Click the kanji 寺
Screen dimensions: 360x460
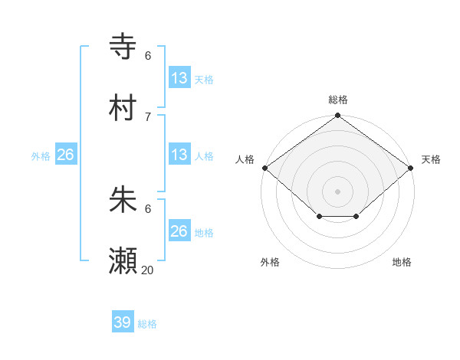coord(123,46)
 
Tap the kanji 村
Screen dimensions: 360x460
coord(123,108)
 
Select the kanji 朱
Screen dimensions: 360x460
coord(123,200)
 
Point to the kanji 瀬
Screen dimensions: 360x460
coord(123,261)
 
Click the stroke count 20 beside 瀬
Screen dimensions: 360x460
coord(147,270)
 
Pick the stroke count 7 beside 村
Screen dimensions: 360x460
coord(148,116)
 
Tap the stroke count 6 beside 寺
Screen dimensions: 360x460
coord(148,55)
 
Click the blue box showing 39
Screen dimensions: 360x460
coord(123,322)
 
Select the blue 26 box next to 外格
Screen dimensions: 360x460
coord(65,155)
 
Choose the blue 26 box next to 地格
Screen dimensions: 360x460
coord(179,231)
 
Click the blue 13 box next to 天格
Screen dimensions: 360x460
coord(179,77)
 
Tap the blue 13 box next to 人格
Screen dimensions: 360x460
coord(179,155)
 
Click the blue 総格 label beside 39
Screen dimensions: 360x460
coord(147,324)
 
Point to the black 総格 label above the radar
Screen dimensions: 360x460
coord(338,100)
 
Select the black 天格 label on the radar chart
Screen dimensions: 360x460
coord(431,159)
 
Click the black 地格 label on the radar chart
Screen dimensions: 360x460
coord(402,263)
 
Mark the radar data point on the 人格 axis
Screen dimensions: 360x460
coord(264,168)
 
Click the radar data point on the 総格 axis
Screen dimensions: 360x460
coord(338,116)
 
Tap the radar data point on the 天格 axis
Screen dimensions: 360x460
coord(411,168)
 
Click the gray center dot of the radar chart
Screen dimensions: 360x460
coord(338,191)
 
